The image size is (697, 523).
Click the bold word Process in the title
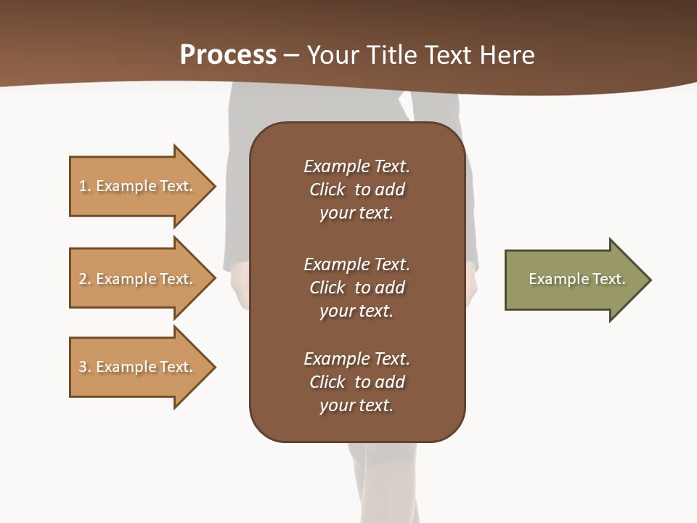click(x=228, y=55)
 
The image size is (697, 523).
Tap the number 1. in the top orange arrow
click(x=85, y=186)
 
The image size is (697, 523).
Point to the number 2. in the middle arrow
click(x=85, y=279)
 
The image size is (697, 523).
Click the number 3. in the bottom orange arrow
click(x=85, y=367)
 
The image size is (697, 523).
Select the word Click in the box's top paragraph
click(x=327, y=190)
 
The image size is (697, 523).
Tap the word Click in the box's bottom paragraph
click(x=327, y=382)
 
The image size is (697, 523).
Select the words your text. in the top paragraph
click(x=356, y=214)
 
